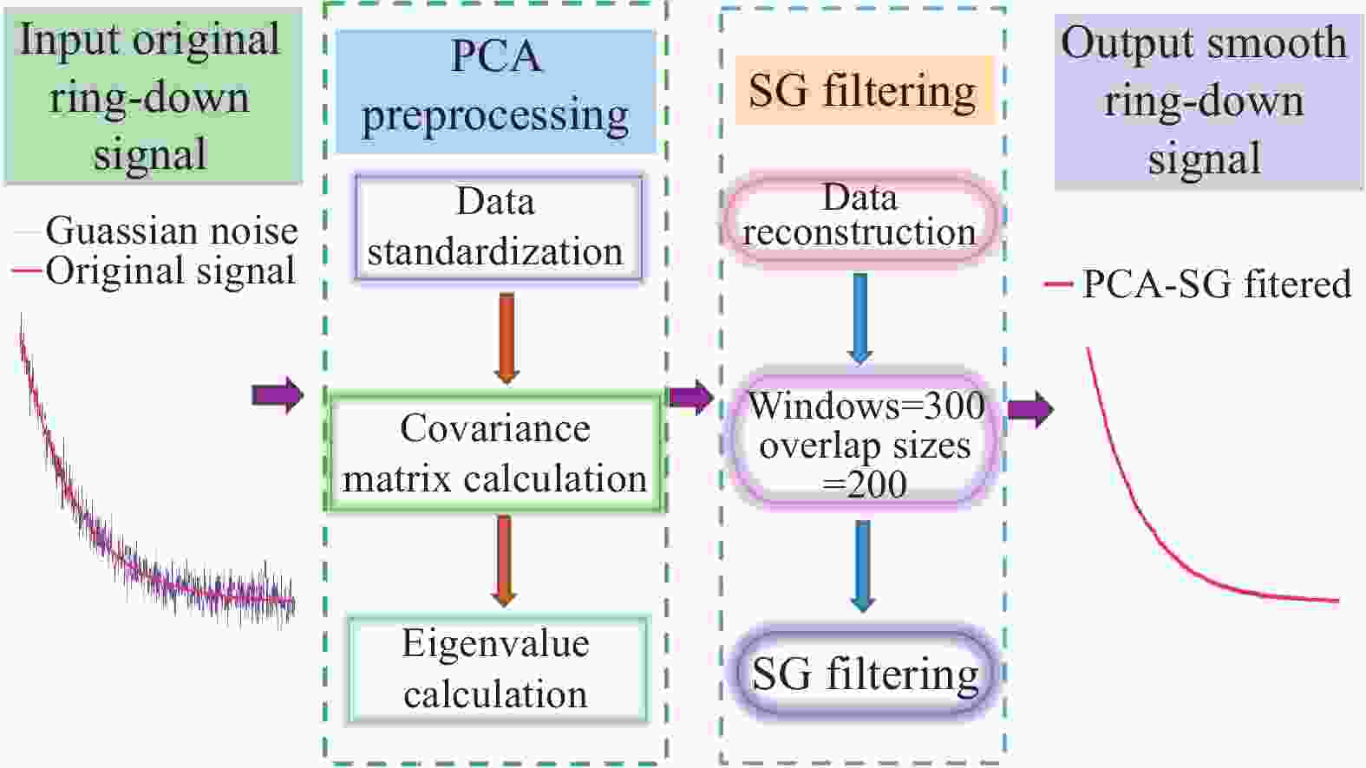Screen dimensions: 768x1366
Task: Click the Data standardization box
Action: coord(498,228)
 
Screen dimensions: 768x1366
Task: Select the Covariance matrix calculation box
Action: coord(495,453)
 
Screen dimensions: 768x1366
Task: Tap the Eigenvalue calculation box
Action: coord(497,669)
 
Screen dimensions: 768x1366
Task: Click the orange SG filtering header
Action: coord(862,90)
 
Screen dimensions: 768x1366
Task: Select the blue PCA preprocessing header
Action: coord(495,90)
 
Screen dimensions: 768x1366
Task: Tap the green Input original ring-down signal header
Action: coord(152,97)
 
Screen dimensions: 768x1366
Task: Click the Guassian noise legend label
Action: coord(171,231)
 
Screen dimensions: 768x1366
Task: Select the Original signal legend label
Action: coord(170,271)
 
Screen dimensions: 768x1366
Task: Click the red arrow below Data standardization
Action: coord(507,337)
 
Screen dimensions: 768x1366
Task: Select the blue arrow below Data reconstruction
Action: coord(859,318)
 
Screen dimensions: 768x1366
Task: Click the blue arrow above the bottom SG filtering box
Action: coord(862,565)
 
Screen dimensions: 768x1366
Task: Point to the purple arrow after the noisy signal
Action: coord(278,395)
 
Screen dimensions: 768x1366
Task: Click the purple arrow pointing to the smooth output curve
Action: coord(1030,408)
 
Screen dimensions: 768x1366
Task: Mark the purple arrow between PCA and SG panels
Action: coord(691,398)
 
